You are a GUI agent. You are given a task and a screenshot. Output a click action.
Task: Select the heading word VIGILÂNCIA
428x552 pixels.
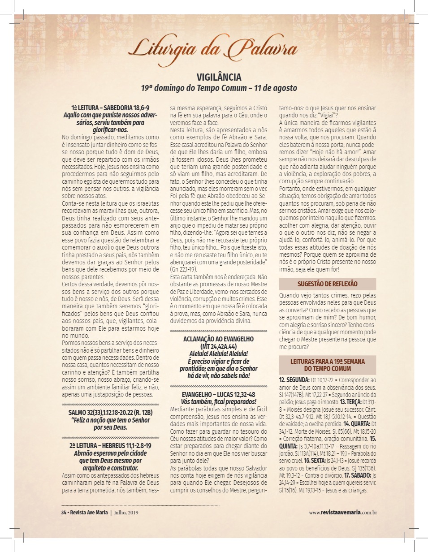[x=219, y=77]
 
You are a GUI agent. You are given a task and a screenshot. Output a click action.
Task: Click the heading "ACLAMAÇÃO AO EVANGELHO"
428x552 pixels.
[x=219, y=339]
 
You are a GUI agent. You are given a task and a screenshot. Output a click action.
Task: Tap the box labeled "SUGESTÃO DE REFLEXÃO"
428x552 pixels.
[x=328, y=284]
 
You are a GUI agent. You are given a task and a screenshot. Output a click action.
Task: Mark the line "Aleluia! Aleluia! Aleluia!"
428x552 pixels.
[x=219, y=354]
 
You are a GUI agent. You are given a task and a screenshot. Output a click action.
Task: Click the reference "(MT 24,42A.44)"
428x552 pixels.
[x=219, y=346]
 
